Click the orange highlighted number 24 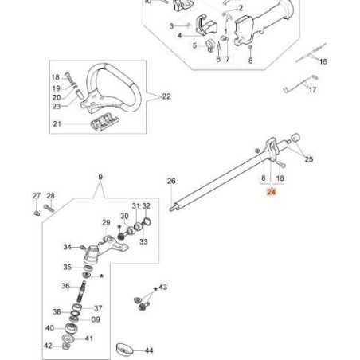point(271,192)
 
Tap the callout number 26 point(170,182)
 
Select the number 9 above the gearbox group point(100,176)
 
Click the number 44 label point(149,350)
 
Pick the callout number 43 point(163,286)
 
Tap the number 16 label point(323,61)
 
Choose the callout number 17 point(312,90)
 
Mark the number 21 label point(57,123)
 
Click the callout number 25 point(309,159)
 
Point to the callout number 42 point(48,346)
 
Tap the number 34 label point(67,246)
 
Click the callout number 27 point(36,196)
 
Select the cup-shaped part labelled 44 point(123,348)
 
